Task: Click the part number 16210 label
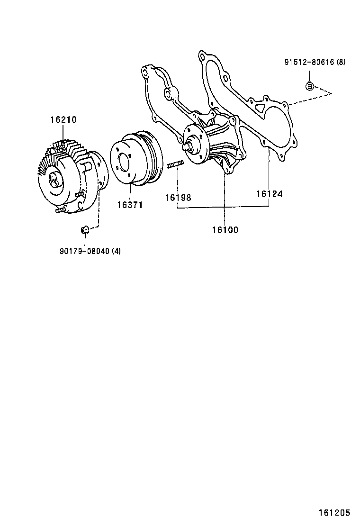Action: [x=63, y=120]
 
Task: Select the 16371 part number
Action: [x=130, y=205]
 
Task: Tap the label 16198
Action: [x=178, y=197]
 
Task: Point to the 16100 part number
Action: [x=225, y=230]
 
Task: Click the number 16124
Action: [x=270, y=194]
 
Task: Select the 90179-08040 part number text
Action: [x=84, y=251]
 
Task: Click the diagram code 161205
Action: [x=334, y=513]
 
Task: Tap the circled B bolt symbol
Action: [x=309, y=86]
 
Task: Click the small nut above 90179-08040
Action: [x=85, y=230]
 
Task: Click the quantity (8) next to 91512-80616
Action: [x=342, y=62]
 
